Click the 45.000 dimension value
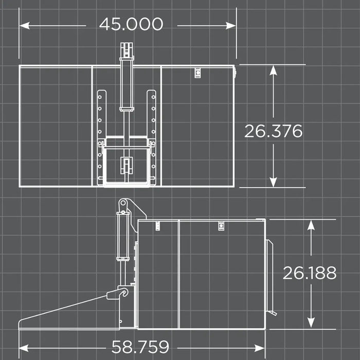[131, 24]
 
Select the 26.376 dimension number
[274, 131]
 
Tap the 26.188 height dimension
[310, 273]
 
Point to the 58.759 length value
[140, 347]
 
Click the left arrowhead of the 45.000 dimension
[25, 26]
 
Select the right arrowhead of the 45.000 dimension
[231, 26]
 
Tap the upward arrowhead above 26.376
[273, 70]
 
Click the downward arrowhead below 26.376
[273, 182]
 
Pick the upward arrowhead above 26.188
[311, 225]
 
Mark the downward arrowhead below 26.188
[311, 322]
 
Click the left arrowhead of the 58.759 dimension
[24, 348]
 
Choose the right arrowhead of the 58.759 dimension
[260, 348]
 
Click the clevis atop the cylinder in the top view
[127, 50]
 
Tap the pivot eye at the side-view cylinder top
[123, 203]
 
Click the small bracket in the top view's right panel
[197, 73]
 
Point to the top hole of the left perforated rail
[100, 97]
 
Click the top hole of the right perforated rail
[153, 97]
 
